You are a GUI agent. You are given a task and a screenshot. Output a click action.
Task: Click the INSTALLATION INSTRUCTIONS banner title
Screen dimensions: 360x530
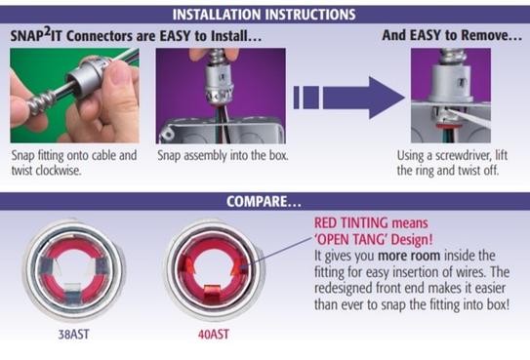265,14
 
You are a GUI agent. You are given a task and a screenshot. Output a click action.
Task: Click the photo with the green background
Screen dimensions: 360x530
73,95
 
